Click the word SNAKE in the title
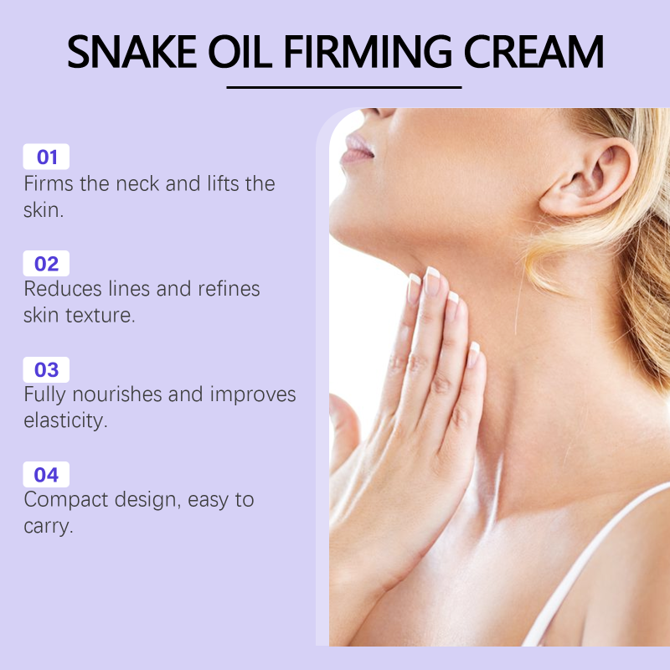pos(132,52)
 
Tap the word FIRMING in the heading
pos(368,52)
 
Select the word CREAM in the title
pos(533,52)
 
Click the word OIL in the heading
pos(240,52)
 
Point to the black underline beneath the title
pos(344,87)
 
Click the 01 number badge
pos(46,157)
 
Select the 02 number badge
pos(46,263)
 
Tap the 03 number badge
pos(46,369)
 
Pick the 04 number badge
pos(46,475)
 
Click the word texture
pos(100,316)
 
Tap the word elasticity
pos(65,421)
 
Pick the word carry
pos(49,527)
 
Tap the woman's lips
pos(358,149)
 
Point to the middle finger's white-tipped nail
pos(432,281)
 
